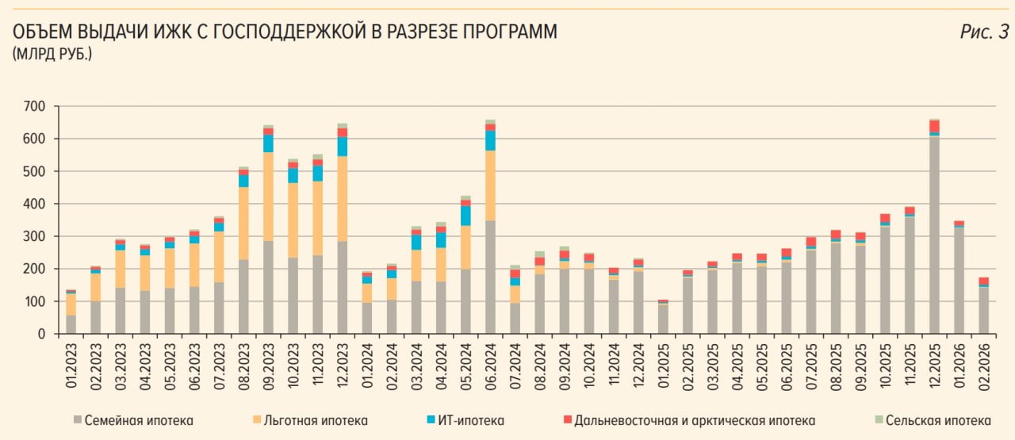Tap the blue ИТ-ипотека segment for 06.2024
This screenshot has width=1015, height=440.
490,140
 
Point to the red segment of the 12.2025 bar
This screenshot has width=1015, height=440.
935,127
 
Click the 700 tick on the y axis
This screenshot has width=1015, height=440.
36,106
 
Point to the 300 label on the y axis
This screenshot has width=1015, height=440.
36,236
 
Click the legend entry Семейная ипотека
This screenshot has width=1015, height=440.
138,420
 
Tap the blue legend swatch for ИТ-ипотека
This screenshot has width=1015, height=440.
430,419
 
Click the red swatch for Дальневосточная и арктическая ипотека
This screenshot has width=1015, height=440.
566,419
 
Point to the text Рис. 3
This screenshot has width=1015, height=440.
984,32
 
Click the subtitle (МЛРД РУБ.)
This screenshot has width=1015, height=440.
52,55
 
